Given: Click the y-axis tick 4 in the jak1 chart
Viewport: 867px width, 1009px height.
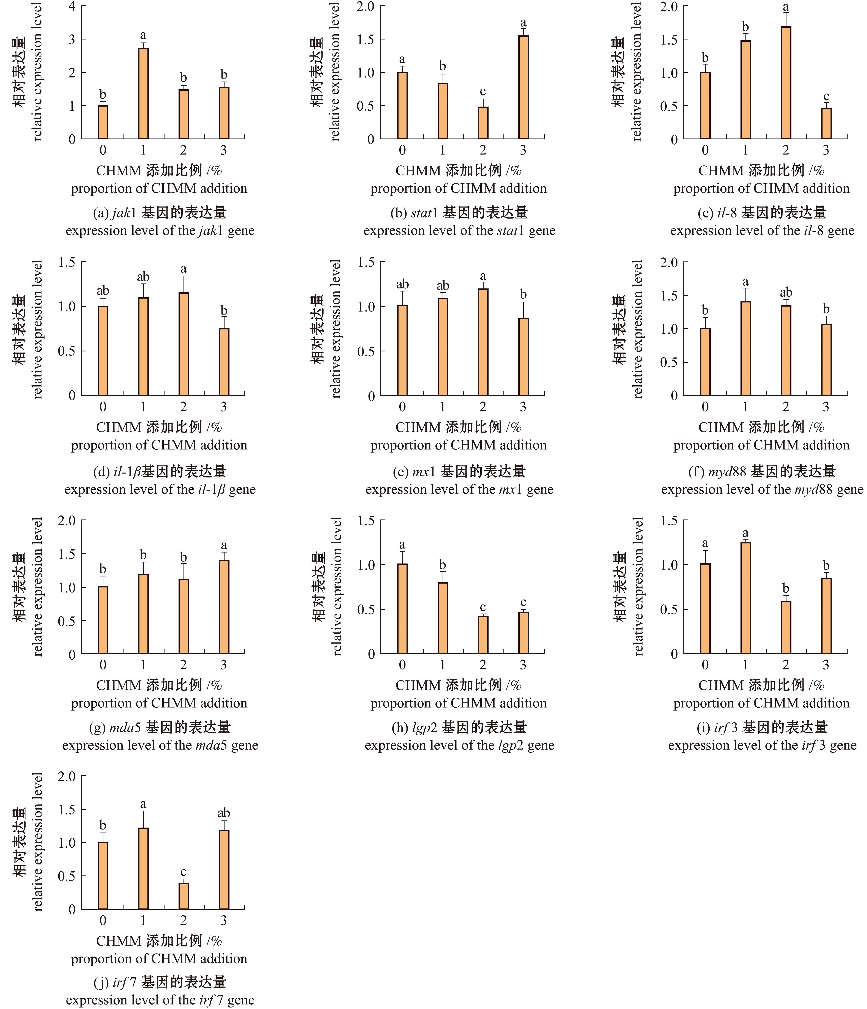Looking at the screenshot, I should tap(72, 6).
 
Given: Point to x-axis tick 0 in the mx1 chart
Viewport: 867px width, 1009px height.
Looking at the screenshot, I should tap(402, 407).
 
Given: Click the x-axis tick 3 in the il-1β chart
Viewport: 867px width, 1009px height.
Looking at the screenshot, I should tap(224, 407).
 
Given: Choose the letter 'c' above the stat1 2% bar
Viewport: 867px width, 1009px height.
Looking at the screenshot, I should tap(483, 91).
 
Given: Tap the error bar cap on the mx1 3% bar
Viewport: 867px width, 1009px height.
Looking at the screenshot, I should tap(523, 302).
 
